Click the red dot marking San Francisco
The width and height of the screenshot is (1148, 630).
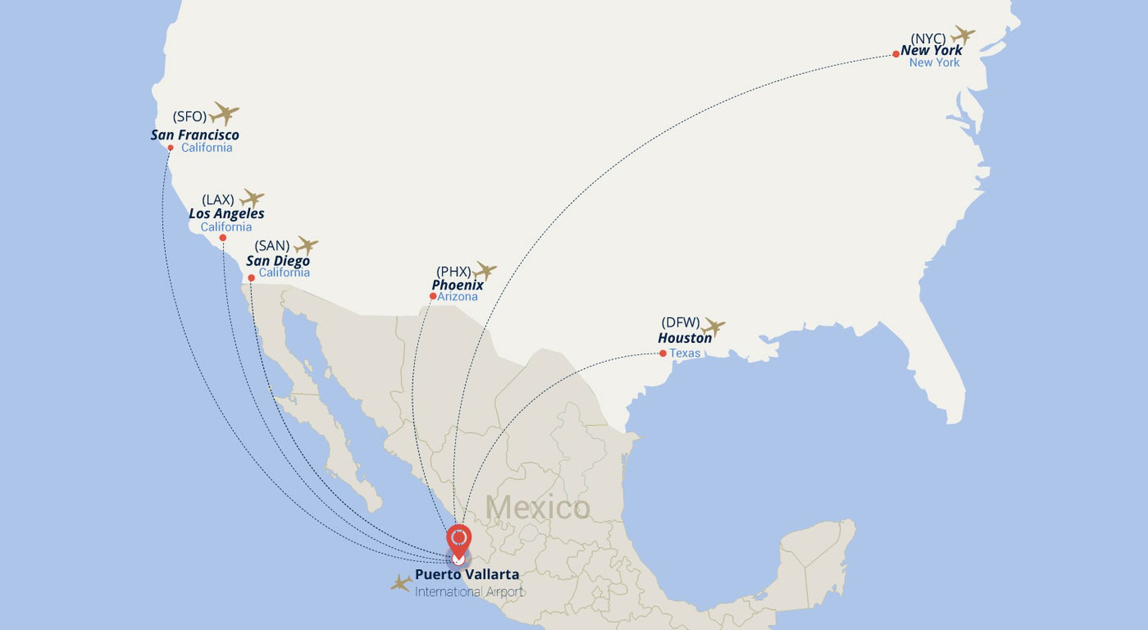tap(170, 148)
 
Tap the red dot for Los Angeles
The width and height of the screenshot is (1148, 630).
tap(223, 238)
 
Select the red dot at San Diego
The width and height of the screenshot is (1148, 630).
tap(251, 278)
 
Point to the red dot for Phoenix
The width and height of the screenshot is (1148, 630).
tap(433, 296)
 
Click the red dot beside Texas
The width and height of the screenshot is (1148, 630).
tap(662, 354)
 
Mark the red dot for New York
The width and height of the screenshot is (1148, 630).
tap(896, 54)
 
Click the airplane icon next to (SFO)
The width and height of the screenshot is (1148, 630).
tap(224, 113)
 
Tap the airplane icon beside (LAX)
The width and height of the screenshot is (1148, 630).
tap(252, 198)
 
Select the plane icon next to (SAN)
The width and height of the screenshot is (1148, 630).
tap(306, 245)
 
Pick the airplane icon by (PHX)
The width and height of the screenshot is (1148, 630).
tap(484, 270)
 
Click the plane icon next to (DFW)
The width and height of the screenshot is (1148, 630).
tap(713, 327)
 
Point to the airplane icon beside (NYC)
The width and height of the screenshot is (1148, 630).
tap(963, 35)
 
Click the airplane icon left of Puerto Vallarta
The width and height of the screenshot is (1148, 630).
tap(401, 583)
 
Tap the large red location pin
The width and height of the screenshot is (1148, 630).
tap(459, 539)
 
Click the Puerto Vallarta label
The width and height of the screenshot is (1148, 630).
tap(467, 574)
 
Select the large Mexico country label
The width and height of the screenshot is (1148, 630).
tap(538, 507)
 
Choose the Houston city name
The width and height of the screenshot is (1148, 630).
tap(685, 338)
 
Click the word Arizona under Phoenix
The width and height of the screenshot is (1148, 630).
tap(457, 297)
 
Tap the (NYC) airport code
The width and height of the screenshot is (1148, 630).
tap(928, 39)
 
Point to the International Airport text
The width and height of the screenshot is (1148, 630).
tap(469, 592)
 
